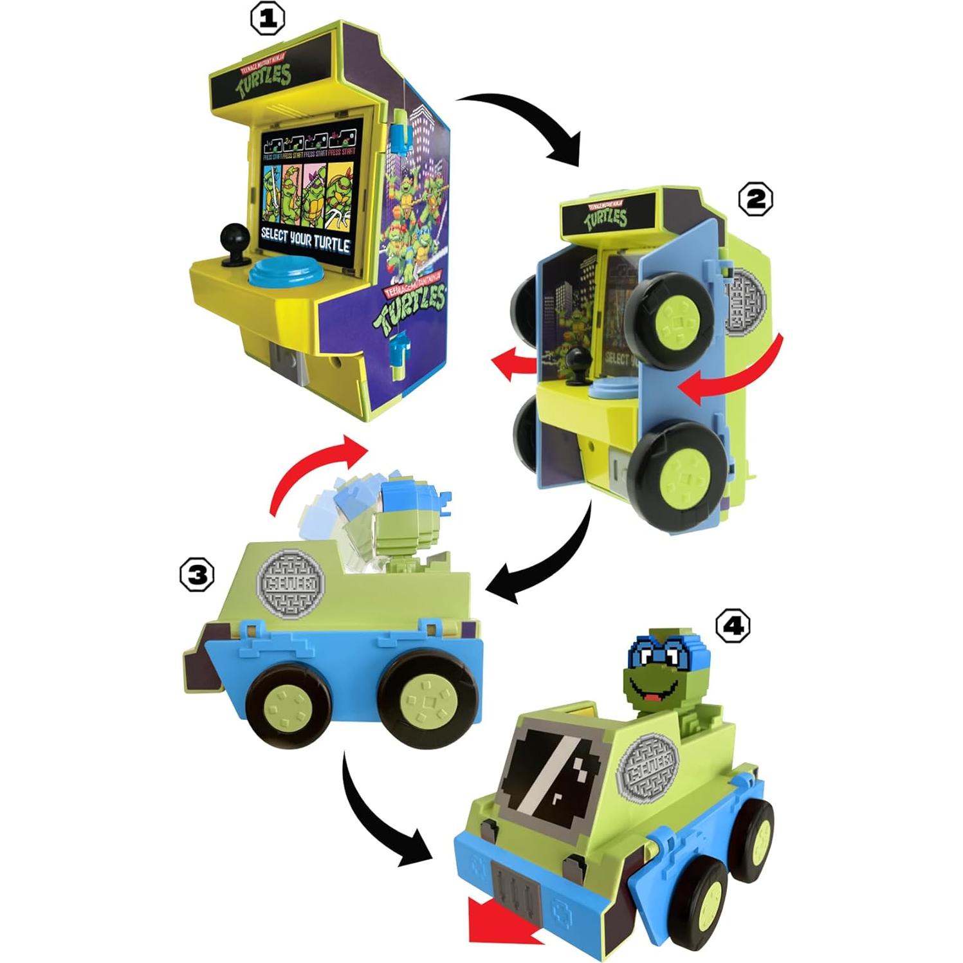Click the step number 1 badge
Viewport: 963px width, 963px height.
[267, 20]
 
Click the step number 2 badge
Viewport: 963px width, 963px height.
[755, 199]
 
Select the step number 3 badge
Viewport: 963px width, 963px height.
[197, 574]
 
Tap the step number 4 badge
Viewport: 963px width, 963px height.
[733, 625]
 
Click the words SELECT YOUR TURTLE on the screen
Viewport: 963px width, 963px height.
[305, 239]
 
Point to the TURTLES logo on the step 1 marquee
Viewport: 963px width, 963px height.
[264, 80]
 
